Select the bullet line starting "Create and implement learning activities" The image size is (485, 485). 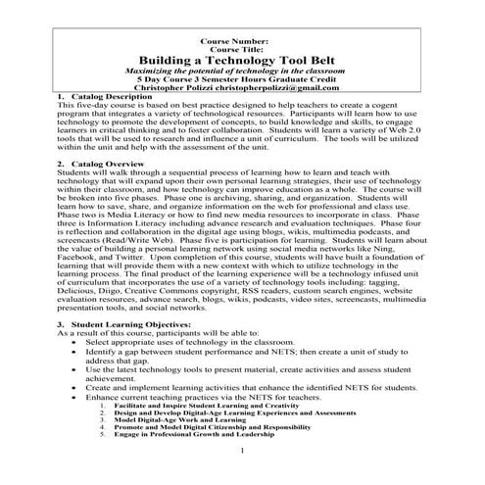tap(255, 387)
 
